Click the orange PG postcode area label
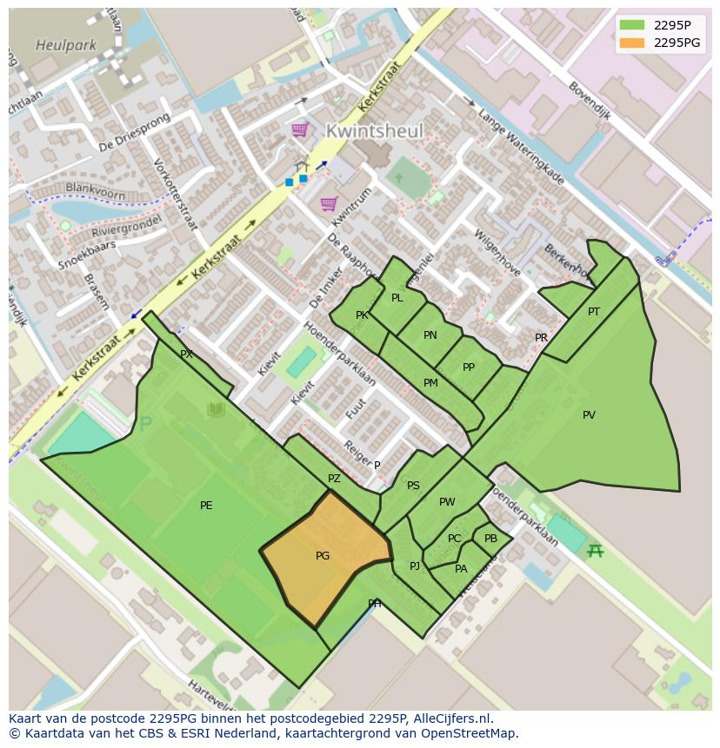tap(323, 556)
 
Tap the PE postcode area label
tap(206, 506)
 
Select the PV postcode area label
tap(589, 415)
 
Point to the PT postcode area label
tap(594, 312)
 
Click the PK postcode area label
tap(362, 315)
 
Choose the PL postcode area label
tap(397, 298)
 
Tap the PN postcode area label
tap(430, 335)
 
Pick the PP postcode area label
tap(469, 367)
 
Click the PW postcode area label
tap(447, 502)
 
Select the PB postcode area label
tap(490, 539)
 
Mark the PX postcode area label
tap(186, 354)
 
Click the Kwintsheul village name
tap(375, 131)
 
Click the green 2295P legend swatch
tap(632, 25)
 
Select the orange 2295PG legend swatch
tap(632, 43)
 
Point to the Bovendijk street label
tap(590, 100)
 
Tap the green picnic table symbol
tap(595, 550)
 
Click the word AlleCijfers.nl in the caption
tap(451, 718)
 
